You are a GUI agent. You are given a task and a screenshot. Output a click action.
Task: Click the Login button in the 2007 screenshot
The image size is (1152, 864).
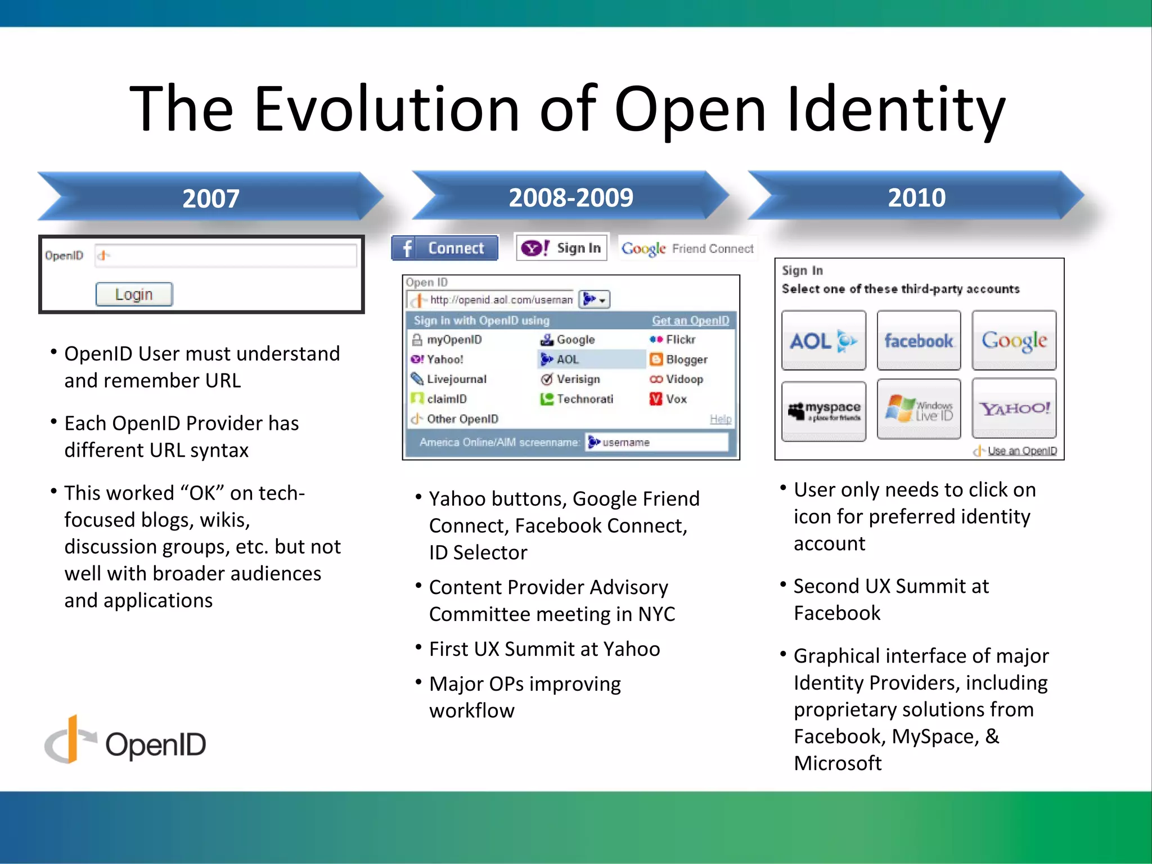(134, 294)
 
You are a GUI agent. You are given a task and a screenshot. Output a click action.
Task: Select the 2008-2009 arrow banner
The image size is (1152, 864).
(570, 197)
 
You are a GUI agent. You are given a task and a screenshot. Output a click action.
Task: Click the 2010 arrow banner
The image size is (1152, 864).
(916, 197)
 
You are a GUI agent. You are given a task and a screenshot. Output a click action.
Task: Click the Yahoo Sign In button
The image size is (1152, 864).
(561, 248)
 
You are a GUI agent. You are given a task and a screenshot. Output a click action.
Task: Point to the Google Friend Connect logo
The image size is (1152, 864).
(687, 248)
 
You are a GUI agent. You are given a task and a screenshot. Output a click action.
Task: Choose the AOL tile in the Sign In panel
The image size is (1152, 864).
(823, 340)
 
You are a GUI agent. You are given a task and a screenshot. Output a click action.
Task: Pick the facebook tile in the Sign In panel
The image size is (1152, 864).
(919, 340)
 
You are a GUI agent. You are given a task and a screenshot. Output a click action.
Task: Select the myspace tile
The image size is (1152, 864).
(823, 411)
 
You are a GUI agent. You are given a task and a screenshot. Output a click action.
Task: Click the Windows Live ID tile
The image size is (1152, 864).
(919, 409)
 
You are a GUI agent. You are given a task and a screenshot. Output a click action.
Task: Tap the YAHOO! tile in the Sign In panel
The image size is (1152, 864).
(1014, 408)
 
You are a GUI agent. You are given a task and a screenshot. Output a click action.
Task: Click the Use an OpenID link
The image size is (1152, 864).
(1021, 451)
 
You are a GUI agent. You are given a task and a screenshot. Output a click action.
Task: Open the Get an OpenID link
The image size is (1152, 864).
(690, 321)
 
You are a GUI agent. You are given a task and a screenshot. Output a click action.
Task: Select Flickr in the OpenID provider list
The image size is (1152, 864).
(679, 340)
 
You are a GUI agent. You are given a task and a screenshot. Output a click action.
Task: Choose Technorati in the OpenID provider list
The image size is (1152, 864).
(584, 399)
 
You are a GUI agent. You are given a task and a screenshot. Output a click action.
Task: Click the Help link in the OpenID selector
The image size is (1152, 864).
(720, 419)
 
